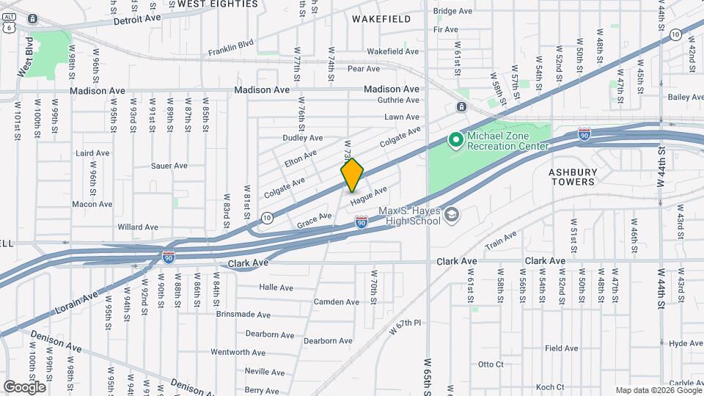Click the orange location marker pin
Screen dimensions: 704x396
pos(353,175)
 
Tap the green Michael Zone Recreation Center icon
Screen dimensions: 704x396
pos(455,139)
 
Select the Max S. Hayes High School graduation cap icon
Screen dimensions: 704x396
pos(451,214)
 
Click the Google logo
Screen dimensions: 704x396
pos(24,386)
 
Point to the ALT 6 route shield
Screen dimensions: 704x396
pos(9,23)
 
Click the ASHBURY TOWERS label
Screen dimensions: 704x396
pos(573,176)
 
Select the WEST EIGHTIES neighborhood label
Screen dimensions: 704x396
pos(218,4)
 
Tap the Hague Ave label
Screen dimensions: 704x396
pos(368,196)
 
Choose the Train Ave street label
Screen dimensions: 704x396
pos(501,239)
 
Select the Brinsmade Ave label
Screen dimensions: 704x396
pos(243,314)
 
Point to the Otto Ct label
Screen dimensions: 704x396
pos(491,364)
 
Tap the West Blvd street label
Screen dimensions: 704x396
pos(26,56)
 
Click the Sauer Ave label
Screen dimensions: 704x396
pos(169,166)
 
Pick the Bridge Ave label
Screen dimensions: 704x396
pos(452,11)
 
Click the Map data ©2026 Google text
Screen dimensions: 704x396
pos(659,390)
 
